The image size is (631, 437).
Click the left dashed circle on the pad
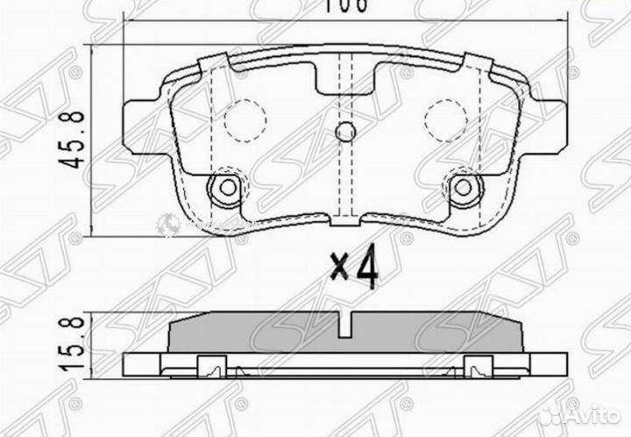(244, 120)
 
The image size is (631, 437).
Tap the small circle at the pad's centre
(345, 133)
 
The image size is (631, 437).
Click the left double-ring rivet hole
(226, 187)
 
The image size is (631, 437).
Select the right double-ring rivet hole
(464, 187)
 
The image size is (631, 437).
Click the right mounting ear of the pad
(547, 123)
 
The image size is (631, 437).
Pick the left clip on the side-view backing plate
(211, 367)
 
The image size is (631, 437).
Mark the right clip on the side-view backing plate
(479, 367)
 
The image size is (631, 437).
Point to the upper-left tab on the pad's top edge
(211, 63)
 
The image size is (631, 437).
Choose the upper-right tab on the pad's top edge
(478, 63)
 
